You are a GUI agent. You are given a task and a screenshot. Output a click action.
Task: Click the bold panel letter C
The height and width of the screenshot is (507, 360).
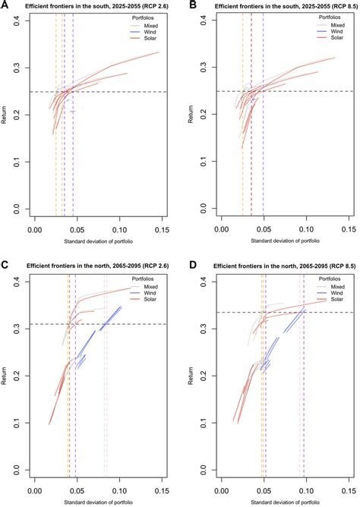pos(5,266)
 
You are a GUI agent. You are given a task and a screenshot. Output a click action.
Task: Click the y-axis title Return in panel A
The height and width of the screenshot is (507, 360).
pos(6,114)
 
